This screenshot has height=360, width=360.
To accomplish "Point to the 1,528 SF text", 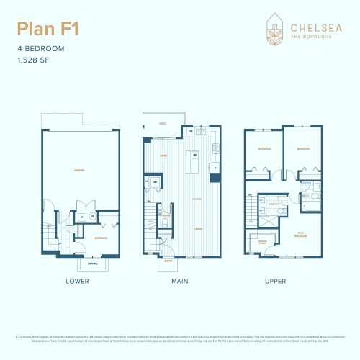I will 33,60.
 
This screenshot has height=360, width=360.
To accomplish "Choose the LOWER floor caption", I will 77,281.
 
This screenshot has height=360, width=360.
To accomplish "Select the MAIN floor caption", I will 180,281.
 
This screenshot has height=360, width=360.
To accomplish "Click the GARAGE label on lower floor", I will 80,171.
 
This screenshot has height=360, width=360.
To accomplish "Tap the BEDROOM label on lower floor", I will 102,237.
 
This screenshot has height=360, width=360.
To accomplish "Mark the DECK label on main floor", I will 162,124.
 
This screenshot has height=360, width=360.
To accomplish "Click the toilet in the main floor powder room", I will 166,223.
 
